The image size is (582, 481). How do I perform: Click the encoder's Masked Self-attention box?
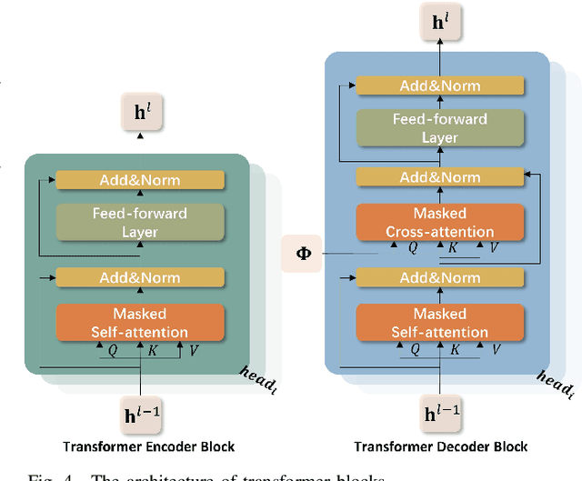tap(139, 323)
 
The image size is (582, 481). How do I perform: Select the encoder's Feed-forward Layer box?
tap(139, 222)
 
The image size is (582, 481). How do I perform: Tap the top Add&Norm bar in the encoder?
tap(139, 180)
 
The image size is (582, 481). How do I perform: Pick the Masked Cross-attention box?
tap(440, 222)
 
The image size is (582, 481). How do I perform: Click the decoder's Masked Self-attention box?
tap(440, 323)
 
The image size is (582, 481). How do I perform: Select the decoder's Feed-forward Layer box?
tap(440, 128)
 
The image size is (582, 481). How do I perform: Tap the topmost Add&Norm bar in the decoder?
tap(440, 85)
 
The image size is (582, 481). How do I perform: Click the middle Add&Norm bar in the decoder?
tap(440, 177)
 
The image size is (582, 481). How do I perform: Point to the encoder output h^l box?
tap(139, 113)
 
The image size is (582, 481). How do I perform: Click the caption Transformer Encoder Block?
tap(148, 446)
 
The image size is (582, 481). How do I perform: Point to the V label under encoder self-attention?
tap(193, 348)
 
